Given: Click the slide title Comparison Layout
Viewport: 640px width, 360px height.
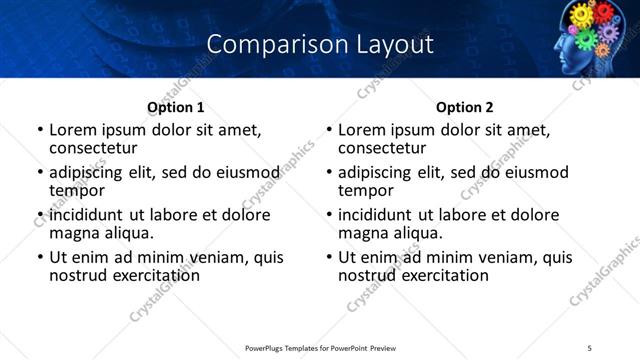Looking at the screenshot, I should click(320, 45).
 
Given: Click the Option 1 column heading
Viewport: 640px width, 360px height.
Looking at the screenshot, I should click(175, 107).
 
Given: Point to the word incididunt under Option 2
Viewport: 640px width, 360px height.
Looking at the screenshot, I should click(378, 215).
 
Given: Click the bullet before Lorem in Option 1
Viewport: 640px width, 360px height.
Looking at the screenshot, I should click(39, 130).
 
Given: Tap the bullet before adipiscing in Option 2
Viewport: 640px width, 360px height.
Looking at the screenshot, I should click(329, 173).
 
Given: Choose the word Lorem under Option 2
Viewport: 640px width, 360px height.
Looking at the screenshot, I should click(363, 129).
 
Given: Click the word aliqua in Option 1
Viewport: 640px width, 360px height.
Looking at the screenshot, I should click(128, 232).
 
